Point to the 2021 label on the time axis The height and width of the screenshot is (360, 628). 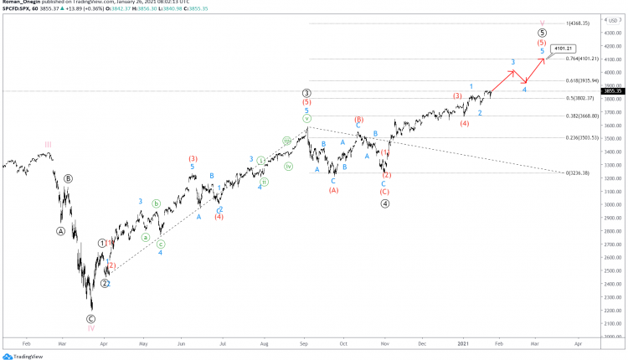(x=463, y=343)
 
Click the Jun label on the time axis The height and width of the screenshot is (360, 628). (x=182, y=343)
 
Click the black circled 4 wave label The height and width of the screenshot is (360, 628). (x=385, y=203)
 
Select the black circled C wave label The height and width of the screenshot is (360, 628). (x=91, y=318)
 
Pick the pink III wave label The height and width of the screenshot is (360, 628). (x=48, y=144)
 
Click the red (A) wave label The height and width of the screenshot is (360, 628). (x=333, y=190)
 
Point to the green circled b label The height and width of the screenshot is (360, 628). (x=156, y=203)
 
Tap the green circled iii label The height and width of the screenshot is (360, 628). (x=286, y=141)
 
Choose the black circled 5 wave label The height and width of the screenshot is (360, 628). (x=542, y=33)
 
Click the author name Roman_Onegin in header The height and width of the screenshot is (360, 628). (x=23, y=3)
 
